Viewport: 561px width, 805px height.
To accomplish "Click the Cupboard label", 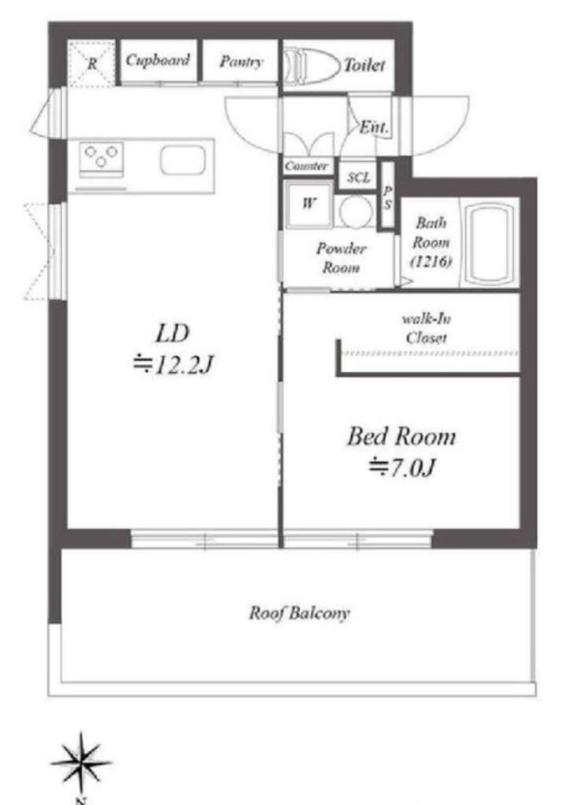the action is point(158,61).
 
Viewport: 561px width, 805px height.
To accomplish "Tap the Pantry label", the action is point(240,61).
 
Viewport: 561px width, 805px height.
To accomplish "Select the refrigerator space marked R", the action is point(91,64).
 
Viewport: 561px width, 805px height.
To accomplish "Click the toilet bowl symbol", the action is point(312,66).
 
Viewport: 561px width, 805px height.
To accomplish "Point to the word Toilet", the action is point(364,65).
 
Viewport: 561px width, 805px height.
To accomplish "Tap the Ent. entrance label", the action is point(374,127).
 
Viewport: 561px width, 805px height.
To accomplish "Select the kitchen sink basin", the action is point(183,160).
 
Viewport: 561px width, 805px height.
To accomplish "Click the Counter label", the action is point(306,166).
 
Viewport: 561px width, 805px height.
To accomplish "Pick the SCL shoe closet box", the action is point(358,177).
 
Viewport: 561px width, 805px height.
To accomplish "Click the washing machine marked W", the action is point(309,204).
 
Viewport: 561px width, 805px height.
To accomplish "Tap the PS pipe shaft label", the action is point(387,197).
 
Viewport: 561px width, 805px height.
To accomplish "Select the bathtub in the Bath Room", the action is point(488,242).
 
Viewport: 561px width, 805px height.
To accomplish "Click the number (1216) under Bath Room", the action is point(431,261).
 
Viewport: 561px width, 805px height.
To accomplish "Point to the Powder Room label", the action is point(341,258).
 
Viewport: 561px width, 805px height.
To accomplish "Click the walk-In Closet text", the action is point(426,329).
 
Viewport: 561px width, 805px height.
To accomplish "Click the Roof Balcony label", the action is point(299,613).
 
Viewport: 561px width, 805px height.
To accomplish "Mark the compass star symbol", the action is point(81,763).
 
